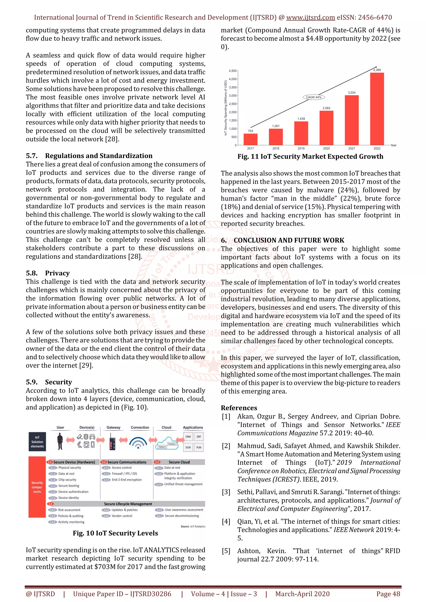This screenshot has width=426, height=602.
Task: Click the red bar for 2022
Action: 377,109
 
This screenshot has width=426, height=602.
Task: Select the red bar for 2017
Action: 250,139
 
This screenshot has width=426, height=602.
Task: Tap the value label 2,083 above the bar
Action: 326,108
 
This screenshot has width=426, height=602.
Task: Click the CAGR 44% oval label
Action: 314,97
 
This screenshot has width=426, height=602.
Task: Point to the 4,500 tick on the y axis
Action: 233,71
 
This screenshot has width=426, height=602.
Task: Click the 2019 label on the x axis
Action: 301,148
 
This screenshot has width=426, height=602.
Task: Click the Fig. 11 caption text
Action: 310,157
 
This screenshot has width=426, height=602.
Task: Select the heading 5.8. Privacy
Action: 48,273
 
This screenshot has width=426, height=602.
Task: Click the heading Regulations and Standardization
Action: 98,156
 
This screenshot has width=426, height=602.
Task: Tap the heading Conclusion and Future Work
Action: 289,240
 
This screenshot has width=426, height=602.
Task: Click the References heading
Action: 239,408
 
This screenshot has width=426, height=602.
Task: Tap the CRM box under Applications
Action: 188,437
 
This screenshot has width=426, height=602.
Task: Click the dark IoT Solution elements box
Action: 37,442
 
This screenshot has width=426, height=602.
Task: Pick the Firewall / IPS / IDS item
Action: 124,474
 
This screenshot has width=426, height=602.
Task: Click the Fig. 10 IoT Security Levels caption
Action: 115,533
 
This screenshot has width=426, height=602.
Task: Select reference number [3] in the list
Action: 226,492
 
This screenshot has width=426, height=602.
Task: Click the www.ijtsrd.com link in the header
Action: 310,18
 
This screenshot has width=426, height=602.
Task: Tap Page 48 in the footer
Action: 388,594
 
